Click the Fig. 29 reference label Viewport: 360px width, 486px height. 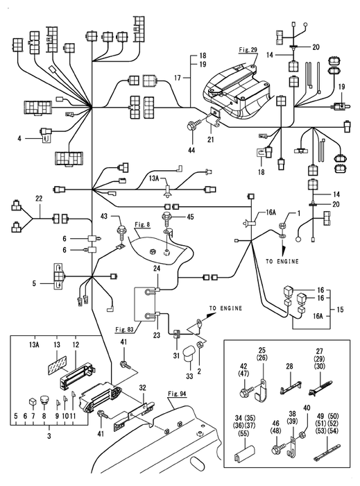pos(248,49)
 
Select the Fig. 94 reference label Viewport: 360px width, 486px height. pos(177,394)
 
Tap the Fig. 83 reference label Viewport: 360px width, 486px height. pos(125,330)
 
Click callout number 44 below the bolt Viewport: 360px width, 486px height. pos(191,151)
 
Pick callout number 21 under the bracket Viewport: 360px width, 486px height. pos(210,140)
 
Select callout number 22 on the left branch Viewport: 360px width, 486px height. pos(39,198)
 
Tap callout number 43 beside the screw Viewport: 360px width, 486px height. pos(103,216)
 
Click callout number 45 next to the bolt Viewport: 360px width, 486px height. pos(190,217)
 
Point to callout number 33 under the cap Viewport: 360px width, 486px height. pos(189,376)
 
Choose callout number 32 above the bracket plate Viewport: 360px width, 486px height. pos(142,388)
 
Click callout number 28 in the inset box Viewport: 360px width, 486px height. pos(289,367)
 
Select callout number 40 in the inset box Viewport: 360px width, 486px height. pos(306,408)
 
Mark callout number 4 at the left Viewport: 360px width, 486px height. pos(19,139)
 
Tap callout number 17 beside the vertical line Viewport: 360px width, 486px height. pos(177,78)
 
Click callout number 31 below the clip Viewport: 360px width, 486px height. pos(176,355)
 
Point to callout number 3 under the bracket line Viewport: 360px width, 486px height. pos(49,437)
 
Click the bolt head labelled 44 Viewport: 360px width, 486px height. pos(190,127)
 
